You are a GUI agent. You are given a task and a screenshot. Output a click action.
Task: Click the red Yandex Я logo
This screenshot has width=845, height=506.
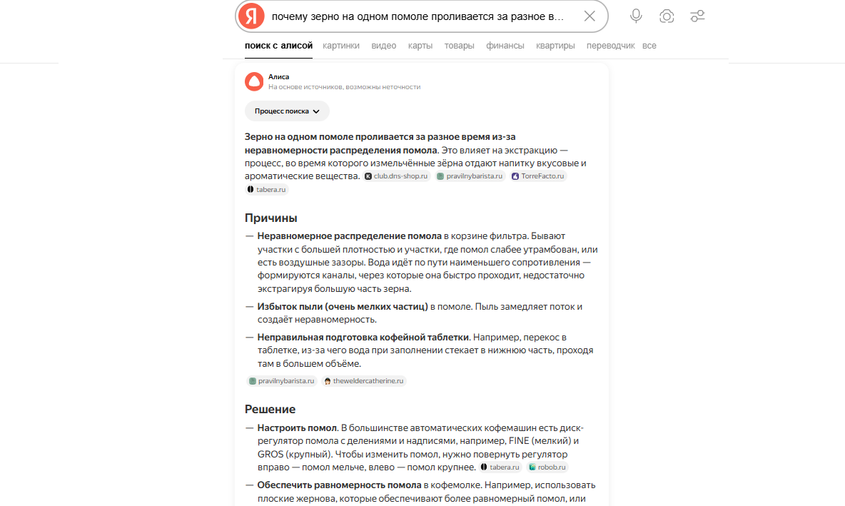point(251,16)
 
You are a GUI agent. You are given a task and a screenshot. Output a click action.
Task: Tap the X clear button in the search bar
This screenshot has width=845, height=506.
point(590,16)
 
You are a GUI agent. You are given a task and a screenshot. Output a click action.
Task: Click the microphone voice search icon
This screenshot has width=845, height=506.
point(636,16)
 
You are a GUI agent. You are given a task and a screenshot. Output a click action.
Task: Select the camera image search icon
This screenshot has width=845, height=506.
point(667,16)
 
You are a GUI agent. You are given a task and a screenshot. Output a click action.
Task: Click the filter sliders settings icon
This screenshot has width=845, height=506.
point(697,16)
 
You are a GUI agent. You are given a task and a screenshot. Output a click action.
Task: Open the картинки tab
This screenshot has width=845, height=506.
point(341,46)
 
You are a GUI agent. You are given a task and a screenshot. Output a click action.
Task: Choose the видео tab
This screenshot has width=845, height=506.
point(383,46)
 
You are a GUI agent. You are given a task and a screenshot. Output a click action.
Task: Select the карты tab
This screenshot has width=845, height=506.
point(420,46)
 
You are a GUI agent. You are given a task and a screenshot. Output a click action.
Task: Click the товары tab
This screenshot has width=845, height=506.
point(459,46)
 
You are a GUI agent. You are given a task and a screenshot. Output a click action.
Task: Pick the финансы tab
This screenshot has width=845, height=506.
point(505,46)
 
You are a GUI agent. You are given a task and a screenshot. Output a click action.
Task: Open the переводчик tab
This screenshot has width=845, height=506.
point(610,46)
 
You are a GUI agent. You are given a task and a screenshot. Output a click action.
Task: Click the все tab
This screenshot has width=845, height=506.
point(649,46)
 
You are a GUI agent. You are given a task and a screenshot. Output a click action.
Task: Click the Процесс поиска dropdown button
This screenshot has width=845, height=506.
point(287,111)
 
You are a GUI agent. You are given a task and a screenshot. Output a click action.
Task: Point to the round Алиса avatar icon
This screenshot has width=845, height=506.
point(254,81)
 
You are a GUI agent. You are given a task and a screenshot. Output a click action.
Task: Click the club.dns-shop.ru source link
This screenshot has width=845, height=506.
point(397,176)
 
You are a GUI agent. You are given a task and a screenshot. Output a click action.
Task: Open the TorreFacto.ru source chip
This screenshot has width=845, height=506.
point(538,176)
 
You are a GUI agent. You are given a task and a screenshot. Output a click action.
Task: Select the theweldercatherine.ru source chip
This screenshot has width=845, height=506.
point(364,381)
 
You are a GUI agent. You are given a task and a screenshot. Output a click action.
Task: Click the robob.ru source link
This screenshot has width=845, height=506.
point(548,467)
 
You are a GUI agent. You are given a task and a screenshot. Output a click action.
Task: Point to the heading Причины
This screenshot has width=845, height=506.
point(271,218)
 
